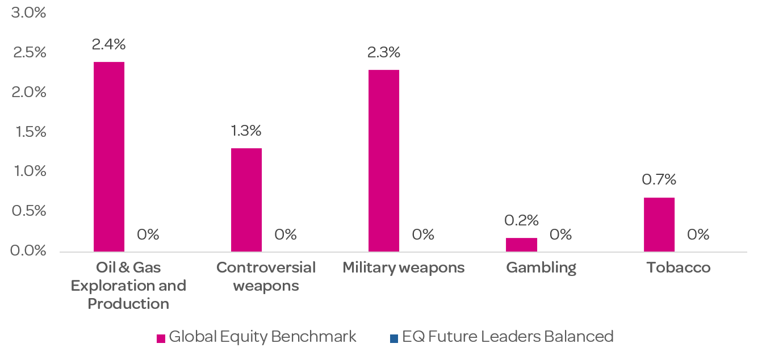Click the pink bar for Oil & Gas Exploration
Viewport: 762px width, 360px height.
click(x=109, y=157)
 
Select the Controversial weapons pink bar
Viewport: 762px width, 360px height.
click(x=246, y=200)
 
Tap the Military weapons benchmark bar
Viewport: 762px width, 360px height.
click(x=384, y=161)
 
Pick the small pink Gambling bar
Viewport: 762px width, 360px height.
click(x=521, y=245)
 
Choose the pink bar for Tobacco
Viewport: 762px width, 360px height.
click(x=659, y=224)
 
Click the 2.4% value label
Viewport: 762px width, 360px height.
click(x=109, y=44)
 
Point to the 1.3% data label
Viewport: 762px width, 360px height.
click(x=246, y=131)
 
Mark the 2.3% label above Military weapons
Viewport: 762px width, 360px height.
click(x=384, y=52)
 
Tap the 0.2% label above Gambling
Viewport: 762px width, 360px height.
click(x=522, y=220)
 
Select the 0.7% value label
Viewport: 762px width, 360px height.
click(x=659, y=180)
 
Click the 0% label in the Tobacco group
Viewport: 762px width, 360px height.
click(x=698, y=235)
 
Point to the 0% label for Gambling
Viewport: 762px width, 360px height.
click(x=561, y=235)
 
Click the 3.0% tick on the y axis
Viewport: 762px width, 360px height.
click(x=28, y=12)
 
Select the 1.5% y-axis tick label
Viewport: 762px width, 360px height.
click(x=28, y=131)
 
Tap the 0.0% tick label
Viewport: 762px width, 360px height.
click(x=28, y=250)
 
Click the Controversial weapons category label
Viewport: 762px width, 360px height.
click(x=266, y=277)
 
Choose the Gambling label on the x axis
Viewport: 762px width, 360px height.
click(x=541, y=267)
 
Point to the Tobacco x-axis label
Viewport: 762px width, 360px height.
click(x=679, y=267)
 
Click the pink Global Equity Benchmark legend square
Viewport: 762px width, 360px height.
click(x=161, y=338)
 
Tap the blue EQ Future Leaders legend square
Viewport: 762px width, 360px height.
click(x=394, y=338)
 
